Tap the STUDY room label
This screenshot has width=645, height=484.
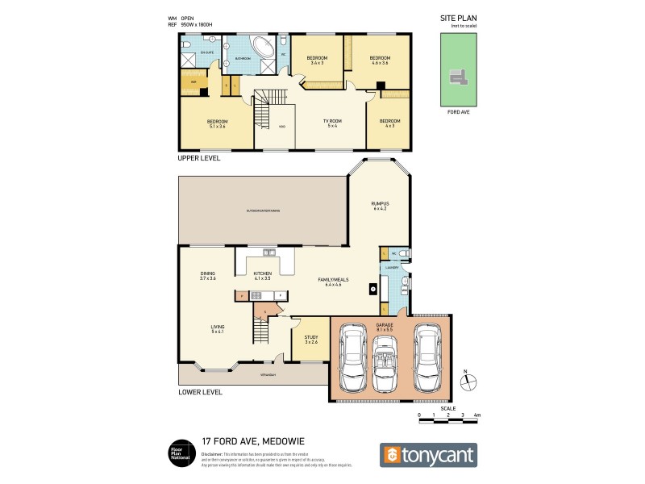[x=311, y=340]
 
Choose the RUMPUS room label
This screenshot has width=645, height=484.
[x=380, y=205]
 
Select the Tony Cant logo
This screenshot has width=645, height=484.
[x=428, y=454]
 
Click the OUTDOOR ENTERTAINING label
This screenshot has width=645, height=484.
[x=263, y=211]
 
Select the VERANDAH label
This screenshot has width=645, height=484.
[x=268, y=375]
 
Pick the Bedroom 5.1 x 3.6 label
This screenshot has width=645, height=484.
[x=217, y=123]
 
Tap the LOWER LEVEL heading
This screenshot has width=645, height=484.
[x=200, y=393]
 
